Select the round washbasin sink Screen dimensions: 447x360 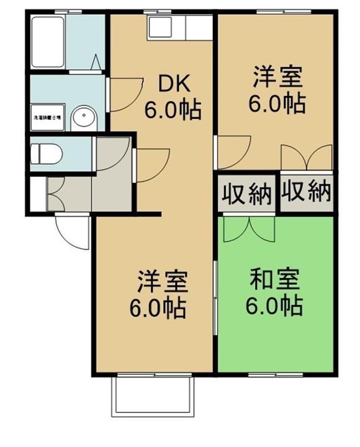[x=82, y=117]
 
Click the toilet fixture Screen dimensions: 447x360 [x=47, y=153]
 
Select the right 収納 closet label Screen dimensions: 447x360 [x=305, y=193]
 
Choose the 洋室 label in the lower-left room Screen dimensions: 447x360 [x=160, y=283]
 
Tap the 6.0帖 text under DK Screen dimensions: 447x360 [x=172, y=109]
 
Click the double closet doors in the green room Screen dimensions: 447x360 [x=248, y=228]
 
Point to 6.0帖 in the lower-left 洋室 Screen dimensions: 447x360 [x=160, y=308]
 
